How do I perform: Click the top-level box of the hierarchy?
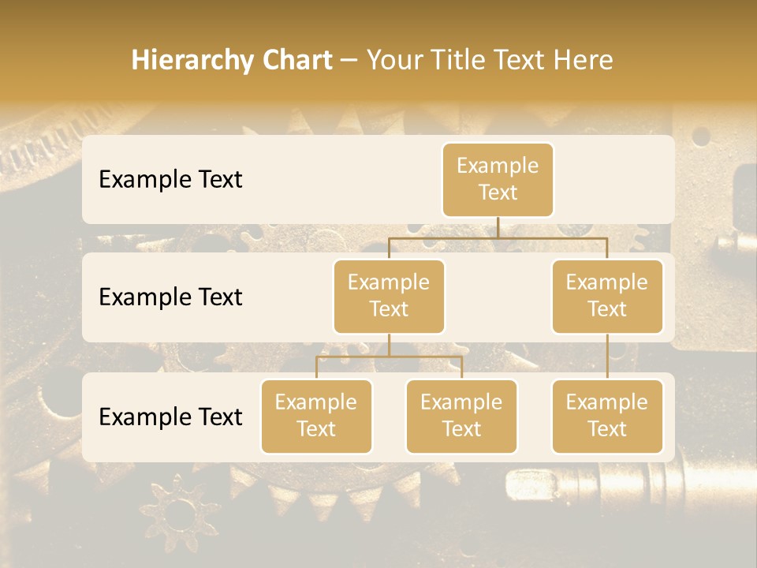[x=498, y=179]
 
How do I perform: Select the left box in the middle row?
[x=389, y=296]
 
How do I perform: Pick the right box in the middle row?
[x=607, y=296]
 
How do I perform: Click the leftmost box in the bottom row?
[x=316, y=416]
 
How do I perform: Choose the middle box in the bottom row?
[x=461, y=416]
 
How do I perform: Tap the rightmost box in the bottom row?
[x=607, y=416]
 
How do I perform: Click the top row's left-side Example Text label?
[x=170, y=180]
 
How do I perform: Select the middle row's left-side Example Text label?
[x=170, y=297]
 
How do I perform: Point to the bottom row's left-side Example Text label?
[x=170, y=417]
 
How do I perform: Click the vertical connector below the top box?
[x=498, y=227]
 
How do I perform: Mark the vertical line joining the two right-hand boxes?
[x=607, y=357]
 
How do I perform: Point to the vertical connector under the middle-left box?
[x=389, y=346]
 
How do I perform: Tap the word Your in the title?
[x=391, y=61]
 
